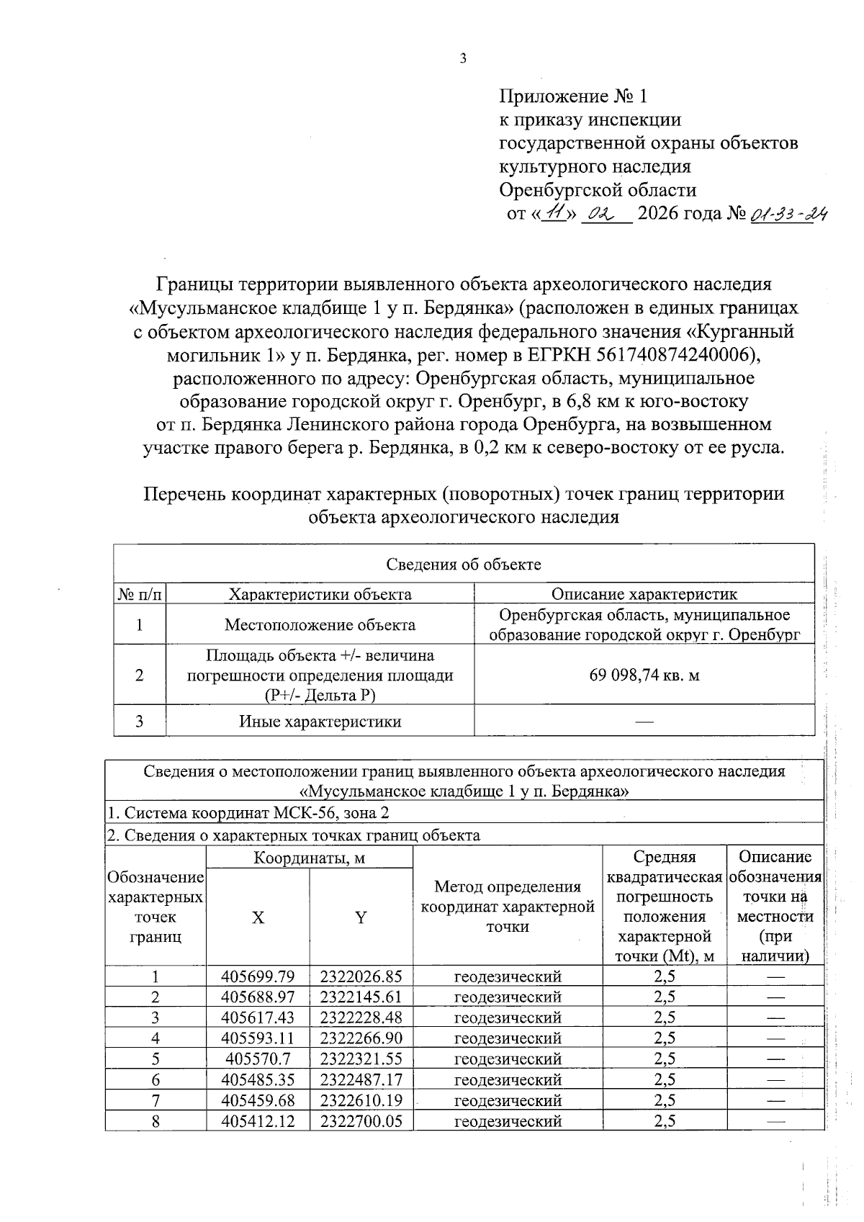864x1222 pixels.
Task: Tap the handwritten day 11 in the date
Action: pyautogui.click(x=555, y=213)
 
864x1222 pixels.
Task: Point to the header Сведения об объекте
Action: pyautogui.click(x=464, y=565)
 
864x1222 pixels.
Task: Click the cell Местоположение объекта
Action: pyautogui.click(x=320, y=624)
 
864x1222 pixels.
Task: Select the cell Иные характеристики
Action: pyautogui.click(x=320, y=722)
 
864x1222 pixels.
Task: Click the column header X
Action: pyautogui.click(x=257, y=917)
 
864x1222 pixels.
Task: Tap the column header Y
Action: pyautogui.click(x=361, y=917)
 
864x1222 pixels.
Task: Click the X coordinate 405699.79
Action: pyautogui.click(x=257, y=977)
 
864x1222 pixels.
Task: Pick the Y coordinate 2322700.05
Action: pyautogui.click(x=361, y=1121)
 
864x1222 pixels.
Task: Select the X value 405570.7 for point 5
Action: pyautogui.click(x=257, y=1059)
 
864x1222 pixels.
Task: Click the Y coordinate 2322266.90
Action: pyautogui.click(x=361, y=1038)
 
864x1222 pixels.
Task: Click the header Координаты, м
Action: pyautogui.click(x=309, y=858)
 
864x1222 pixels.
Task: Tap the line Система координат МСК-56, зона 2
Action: pyautogui.click(x=248, y=813)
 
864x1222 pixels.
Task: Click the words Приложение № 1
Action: pyautogui.click(x=573, y=96)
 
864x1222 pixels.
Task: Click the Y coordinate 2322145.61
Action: pyautogui.click(x=361, y=997)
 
